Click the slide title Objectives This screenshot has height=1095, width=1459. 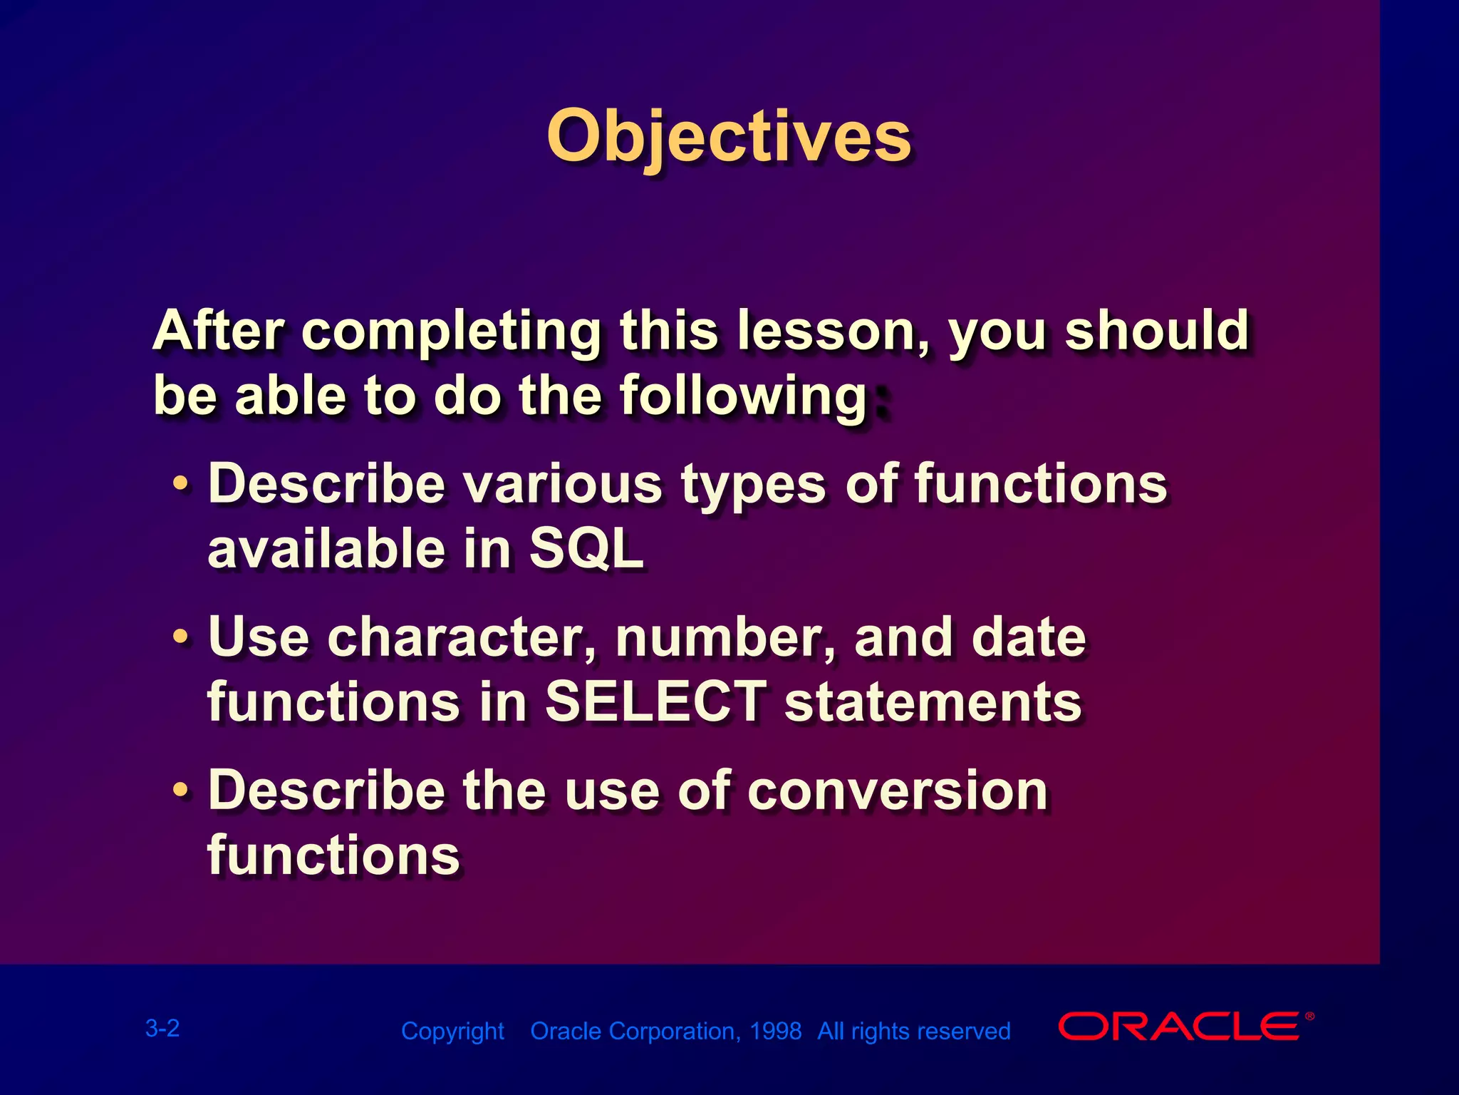pyautogui.click(x=728, y=137)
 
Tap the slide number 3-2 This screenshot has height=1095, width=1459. pyautogui.click(x=162, y=1028)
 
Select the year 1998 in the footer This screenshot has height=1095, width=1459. pyautogui.click(x=776, y=1031)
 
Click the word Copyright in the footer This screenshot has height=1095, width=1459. pyautogui.click(x=452, y=1031)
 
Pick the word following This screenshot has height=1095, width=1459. pyautogui.click(x=743, y=396)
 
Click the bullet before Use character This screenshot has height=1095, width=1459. pyautogui.click(x=182, y=635)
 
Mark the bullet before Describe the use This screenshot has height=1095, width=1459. pyautogui.click(x=182, y=789)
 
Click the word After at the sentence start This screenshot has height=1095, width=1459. pyautogui.click(x=219, y=331)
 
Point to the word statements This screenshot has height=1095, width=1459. pyautogui.click(x=933, y=701)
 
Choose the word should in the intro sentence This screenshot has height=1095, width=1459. pyautogui.click(x=1156, y=331)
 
